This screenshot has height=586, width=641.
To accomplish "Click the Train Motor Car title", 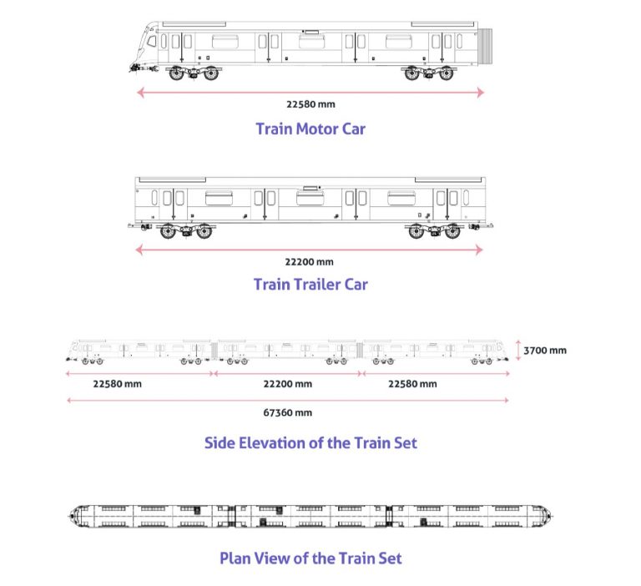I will click(310, 129).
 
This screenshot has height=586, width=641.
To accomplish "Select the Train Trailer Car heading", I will click(310, 284).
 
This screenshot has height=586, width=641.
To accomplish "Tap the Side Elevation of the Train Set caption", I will click(310, 442).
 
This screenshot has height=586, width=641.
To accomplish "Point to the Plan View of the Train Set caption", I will click(310, 558).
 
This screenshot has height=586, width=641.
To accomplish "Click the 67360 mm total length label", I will click(288, 412).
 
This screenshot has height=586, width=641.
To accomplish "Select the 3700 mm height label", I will click(546, 350).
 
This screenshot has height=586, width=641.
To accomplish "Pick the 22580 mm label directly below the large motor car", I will click(310, 105).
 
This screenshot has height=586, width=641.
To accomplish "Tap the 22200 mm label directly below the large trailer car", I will click(310, 261).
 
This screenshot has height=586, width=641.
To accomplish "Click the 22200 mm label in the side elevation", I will click(288, 384).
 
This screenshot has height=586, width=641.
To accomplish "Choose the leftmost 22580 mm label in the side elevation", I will click(117, 384).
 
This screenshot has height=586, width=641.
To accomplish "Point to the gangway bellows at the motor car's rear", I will click(487, 47).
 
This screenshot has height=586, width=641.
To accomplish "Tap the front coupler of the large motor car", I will click(134, 64).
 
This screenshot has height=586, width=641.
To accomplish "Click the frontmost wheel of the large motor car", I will click(177, 73).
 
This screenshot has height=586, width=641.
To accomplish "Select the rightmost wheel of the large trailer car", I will click(452, 232).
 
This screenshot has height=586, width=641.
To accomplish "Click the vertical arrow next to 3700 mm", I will click(518, 350).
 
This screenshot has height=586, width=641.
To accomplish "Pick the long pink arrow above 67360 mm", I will click(288, 401).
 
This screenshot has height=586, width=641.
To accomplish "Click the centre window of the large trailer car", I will click(310, 197).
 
